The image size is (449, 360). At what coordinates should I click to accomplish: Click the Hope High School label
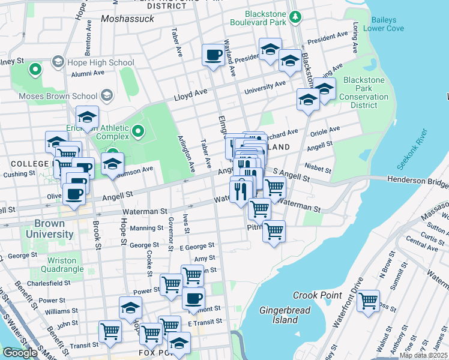point(100,62)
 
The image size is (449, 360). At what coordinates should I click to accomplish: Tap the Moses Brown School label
point(58,96)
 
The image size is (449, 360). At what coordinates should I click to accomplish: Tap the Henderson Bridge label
point(418,179)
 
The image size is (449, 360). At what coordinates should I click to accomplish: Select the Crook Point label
point(317,295)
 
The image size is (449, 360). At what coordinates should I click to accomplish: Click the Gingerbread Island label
point(279,315)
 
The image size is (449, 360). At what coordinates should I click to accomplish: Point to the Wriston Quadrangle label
point(54,265)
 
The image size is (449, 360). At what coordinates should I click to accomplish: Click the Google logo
point(20,353)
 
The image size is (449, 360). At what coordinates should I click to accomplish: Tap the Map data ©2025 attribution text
point(423,355)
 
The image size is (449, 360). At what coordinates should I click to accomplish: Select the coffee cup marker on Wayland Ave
point(213,56)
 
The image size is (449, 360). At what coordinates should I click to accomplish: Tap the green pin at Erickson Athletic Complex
point(138,130)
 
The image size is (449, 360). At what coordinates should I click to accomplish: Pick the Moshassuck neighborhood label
point(128,19)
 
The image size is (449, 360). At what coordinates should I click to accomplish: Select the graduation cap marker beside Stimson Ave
point(112,163)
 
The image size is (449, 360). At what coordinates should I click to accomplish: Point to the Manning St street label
point(147,228)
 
